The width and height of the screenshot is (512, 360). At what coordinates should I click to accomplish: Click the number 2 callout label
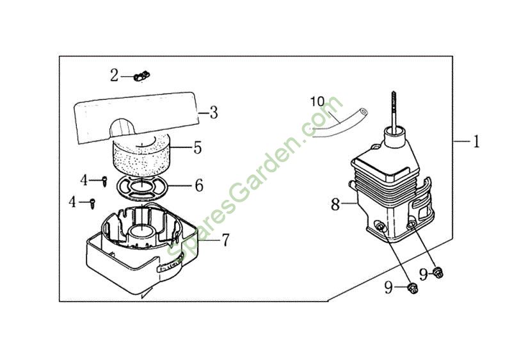(114, 76)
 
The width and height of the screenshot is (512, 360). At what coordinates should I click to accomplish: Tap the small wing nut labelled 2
(141, 77)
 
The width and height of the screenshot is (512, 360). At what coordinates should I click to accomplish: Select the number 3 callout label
(214, 112)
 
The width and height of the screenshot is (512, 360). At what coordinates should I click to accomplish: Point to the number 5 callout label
(198, 148)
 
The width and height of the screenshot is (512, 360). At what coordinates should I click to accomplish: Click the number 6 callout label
(199, 186)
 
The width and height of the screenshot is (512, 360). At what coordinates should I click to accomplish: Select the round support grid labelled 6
(142, 187)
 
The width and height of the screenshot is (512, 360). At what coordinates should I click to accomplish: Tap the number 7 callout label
(226, 240)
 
